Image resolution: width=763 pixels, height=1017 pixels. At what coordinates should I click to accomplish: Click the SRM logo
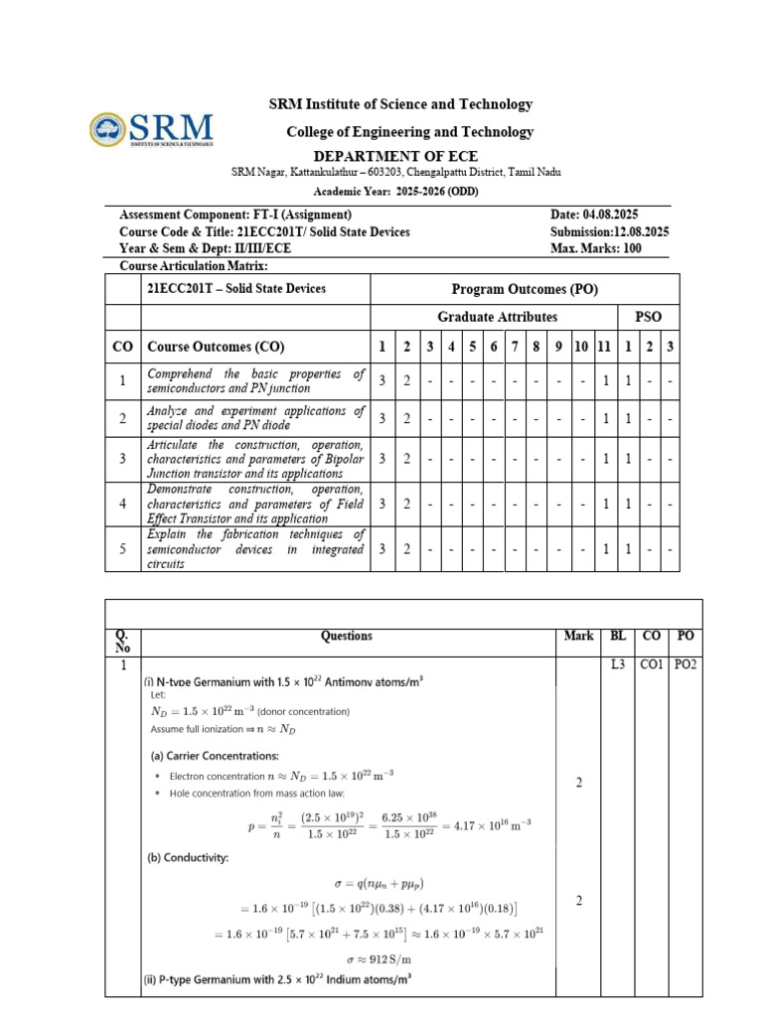[x=151, y=129]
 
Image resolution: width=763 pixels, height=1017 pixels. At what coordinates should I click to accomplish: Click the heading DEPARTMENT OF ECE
[x=395, y=156]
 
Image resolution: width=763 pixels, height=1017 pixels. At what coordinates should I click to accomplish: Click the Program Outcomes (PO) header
[x=525, y=289]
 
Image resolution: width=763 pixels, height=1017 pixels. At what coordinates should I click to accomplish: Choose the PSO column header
[x=647, y=317]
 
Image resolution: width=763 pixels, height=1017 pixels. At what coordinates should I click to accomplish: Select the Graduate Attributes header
[x=497, y=317]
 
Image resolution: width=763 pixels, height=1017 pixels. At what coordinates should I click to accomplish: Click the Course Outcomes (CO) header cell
[x=216, y=347]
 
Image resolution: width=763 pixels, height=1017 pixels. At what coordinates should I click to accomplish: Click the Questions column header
[x=346, y=636]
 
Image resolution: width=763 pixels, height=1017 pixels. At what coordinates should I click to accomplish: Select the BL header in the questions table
[x=618, y=636]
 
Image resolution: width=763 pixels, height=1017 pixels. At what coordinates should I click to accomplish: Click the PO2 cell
[x=686, y=664]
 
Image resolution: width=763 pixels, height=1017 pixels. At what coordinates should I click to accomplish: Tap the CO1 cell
[x=652, y=664]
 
